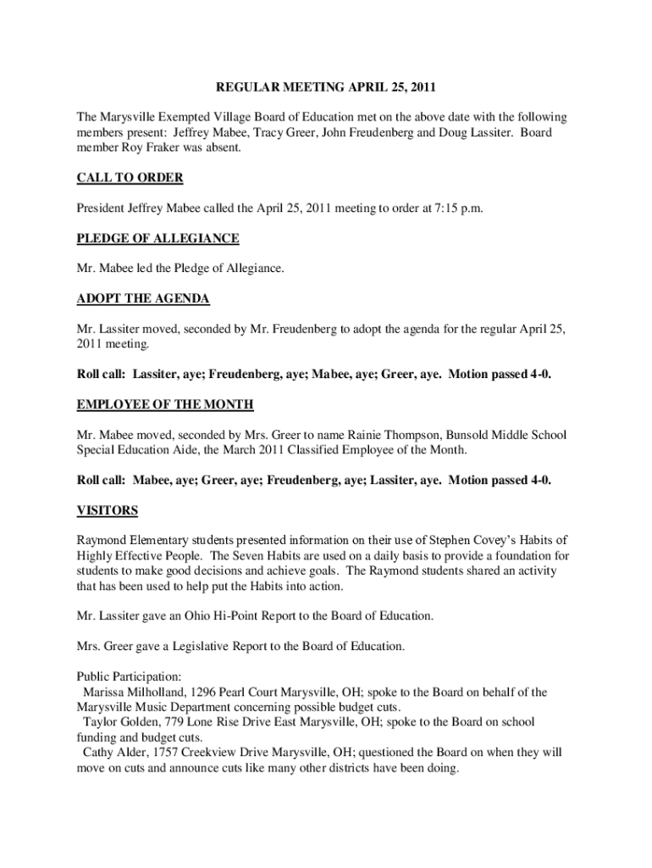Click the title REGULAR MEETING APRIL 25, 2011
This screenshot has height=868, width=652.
[x=326, y=87]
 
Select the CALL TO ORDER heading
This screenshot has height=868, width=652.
[x=130, y=178]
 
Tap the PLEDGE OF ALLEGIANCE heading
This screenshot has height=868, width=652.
[x=157, y=238]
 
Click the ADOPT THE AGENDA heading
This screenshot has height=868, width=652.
[x=143, y=298]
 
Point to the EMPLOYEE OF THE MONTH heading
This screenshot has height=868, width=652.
[x=165, y=404]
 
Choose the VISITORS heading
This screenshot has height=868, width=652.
[x=108, y=510]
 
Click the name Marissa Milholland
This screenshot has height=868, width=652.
[x=125, y=693]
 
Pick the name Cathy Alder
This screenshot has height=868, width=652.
[x=113, y=753]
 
